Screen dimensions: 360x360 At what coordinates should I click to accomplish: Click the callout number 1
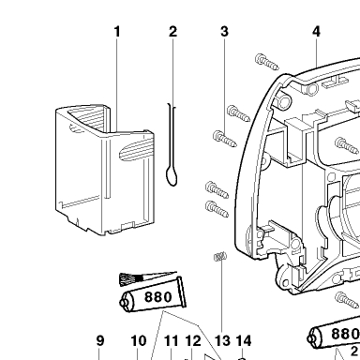[x=117, y=32]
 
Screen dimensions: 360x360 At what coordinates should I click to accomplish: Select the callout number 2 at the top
[x=172, y=32]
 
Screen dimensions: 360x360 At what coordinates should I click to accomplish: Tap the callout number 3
[x=224, y=32]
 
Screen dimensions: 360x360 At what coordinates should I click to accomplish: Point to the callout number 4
[x=316, y=32]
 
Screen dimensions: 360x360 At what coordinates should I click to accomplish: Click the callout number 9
[x=100, y=340]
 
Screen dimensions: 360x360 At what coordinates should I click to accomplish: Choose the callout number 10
[x=139, y=340]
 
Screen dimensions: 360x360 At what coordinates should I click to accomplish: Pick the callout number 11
[x=172, y=340]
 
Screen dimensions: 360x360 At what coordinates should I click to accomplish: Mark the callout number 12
[x=193, y=340]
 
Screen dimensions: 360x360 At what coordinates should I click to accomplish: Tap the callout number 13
[x=222, y=340]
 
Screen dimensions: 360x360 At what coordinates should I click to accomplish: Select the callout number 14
[x=244, y=340]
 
